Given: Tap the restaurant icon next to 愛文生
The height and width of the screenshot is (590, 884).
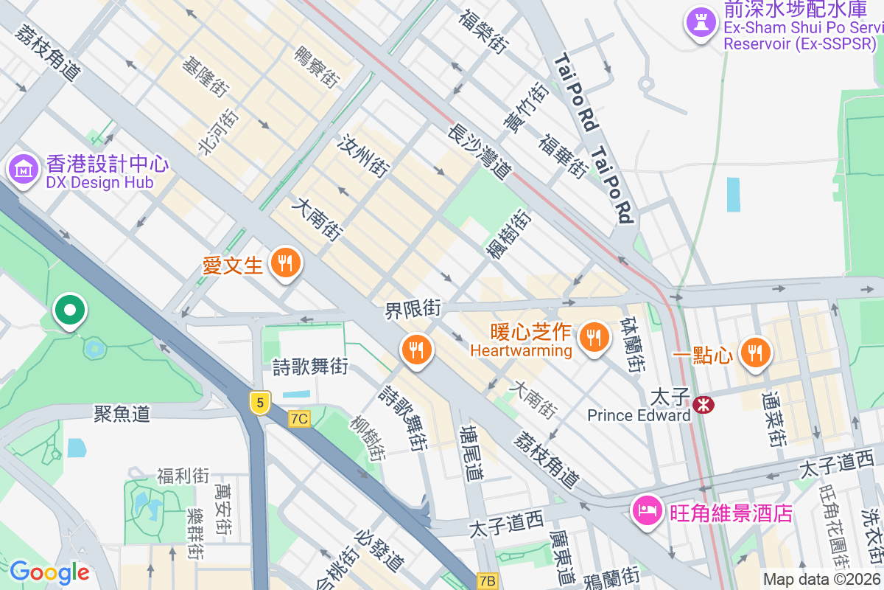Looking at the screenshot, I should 284,262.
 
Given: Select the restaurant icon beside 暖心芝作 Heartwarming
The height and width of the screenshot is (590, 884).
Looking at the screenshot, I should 594,338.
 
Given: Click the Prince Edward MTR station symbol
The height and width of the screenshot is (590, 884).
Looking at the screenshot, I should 704,404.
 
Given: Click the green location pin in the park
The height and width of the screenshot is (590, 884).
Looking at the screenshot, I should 70,310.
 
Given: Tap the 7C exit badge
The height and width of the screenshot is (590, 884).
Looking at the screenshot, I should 299,419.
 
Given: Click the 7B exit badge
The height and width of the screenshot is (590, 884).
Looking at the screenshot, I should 487,580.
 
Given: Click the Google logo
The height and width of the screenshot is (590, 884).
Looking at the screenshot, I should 49,572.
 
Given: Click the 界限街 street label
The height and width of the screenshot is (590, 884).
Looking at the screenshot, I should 413,309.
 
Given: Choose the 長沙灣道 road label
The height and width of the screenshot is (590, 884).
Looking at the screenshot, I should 480,152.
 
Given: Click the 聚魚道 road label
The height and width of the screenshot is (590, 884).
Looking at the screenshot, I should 122,413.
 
